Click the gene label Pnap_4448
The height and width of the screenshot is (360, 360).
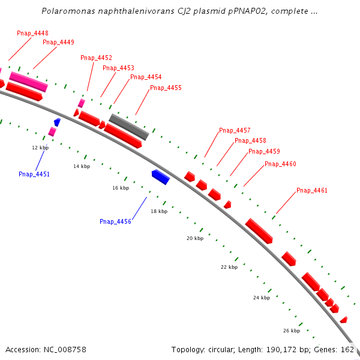[x=33, y=33]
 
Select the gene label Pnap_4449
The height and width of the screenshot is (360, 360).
[x=58, y=42]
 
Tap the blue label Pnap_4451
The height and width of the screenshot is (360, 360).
[x=34, y=174]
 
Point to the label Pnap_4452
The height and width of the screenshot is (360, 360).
[x=96, y=58]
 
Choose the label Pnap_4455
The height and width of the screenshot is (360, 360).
[x=166, y=88]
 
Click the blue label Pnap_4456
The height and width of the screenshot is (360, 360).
[x=115, y=221]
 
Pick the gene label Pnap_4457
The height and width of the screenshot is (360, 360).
[x=235, y=130]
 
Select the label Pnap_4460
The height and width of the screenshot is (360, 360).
[x=280, y=164]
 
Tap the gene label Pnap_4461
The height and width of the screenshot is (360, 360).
[x=312, y=190]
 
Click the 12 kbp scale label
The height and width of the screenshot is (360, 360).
[x=40, y=147]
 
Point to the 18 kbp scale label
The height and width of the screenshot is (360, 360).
[x=159, y=211]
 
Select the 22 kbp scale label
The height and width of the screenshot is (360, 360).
[x=229, y=267]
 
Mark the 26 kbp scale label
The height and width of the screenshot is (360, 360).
[x=291, y=331]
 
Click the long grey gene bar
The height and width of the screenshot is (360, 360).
[x=128, y=126]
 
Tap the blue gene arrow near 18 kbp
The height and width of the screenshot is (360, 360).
[x=160, y=176]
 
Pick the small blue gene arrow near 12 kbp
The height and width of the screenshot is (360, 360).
[x=57, y=122]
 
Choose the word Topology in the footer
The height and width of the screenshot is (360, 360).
[x=187, y=349]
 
